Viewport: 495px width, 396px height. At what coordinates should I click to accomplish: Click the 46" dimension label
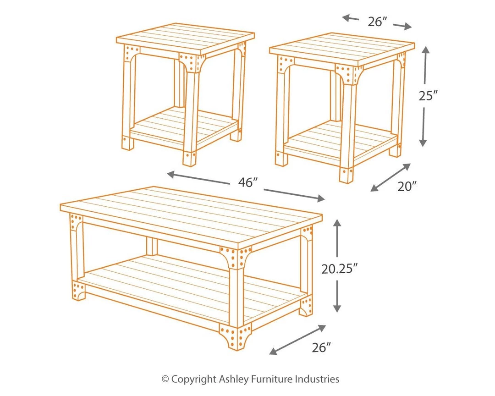[x=248, y=182]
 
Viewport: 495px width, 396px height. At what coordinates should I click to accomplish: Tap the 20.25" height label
[x=339, y=269]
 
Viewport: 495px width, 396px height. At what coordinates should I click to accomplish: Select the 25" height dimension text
[x=429, y=95]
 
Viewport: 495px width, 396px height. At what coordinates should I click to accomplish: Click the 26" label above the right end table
[x=377, y=22]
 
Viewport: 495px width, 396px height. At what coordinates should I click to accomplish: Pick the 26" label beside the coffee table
[x=321, y=347]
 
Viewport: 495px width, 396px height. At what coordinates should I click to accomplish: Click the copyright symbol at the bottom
[x=165, y=379]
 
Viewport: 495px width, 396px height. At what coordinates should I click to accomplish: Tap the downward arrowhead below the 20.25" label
[x=337, y=308]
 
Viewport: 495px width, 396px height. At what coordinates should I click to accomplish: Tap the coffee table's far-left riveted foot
[x=78, y=290]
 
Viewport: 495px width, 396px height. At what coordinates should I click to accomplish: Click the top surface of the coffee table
[x=191, y=215]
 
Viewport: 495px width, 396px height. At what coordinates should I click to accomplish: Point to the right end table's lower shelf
[x=341, y=140]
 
